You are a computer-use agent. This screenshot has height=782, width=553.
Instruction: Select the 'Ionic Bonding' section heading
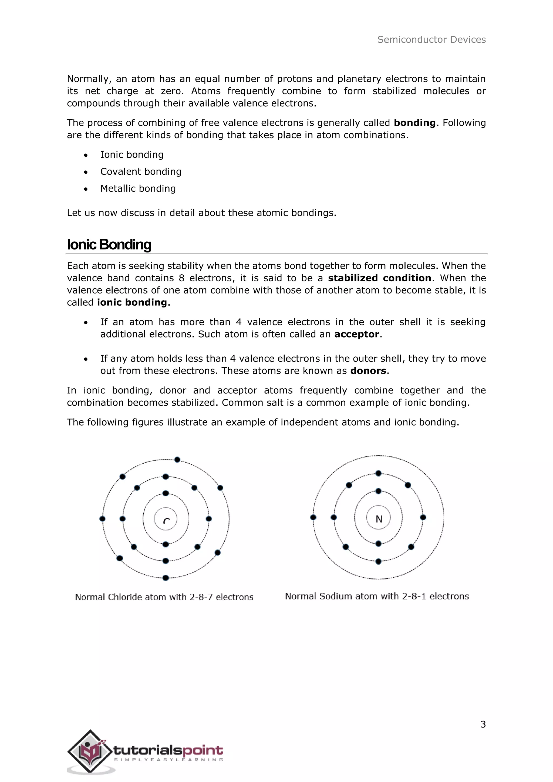pyautogui.click(x=109, y=245)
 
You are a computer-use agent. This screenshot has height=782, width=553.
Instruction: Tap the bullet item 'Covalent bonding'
pyautogui.click(x=141, y=172)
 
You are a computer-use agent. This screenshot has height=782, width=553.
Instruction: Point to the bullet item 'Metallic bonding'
pyautogui.click(x=138, y=189)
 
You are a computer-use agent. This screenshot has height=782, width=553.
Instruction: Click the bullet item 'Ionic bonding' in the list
pyautogui.click(x=132, y=155)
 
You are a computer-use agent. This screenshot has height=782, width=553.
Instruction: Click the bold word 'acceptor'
pyautogui.click(x=356, y=334)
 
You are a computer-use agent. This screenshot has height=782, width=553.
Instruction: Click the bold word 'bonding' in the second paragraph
pyautogui.click(x=414, y=123)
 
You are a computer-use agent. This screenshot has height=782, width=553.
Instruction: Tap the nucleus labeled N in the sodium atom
pyautogui.click(x=378, y=519)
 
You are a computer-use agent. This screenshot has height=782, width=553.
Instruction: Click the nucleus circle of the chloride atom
pyautogui.click(x=166, y=519)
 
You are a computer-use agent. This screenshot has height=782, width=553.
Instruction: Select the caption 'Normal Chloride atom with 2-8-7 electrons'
pyautogui.click(x=164, y=597)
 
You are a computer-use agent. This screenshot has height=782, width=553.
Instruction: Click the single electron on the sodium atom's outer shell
pyautogui.click(x=313, y=517)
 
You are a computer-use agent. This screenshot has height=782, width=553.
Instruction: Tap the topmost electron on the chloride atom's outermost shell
pyautogui.click(x=177, y=460)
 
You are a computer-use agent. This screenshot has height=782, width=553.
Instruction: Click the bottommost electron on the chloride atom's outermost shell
pyautogui.click(x=166, y=578)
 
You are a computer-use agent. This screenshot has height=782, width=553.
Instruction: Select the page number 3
pyautogui.click(x=483, y=724)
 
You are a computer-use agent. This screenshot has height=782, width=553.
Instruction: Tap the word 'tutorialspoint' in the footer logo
pyautogui.click(x=168, y=750)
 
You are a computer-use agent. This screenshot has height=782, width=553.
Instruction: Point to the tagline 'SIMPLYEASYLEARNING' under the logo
pyautogui.click(x=168, y=760)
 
